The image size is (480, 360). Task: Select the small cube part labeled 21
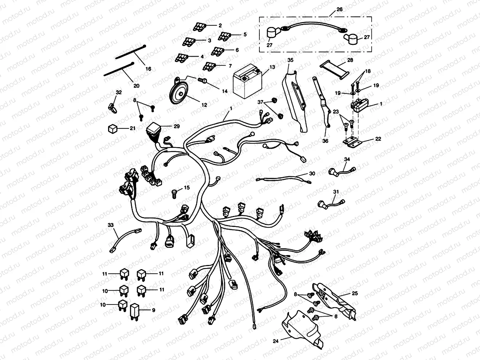click(113, 129)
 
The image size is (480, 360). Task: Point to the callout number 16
click(148, 69)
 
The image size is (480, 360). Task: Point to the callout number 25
click(354, 293)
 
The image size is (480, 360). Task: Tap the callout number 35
click(290, 60)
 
